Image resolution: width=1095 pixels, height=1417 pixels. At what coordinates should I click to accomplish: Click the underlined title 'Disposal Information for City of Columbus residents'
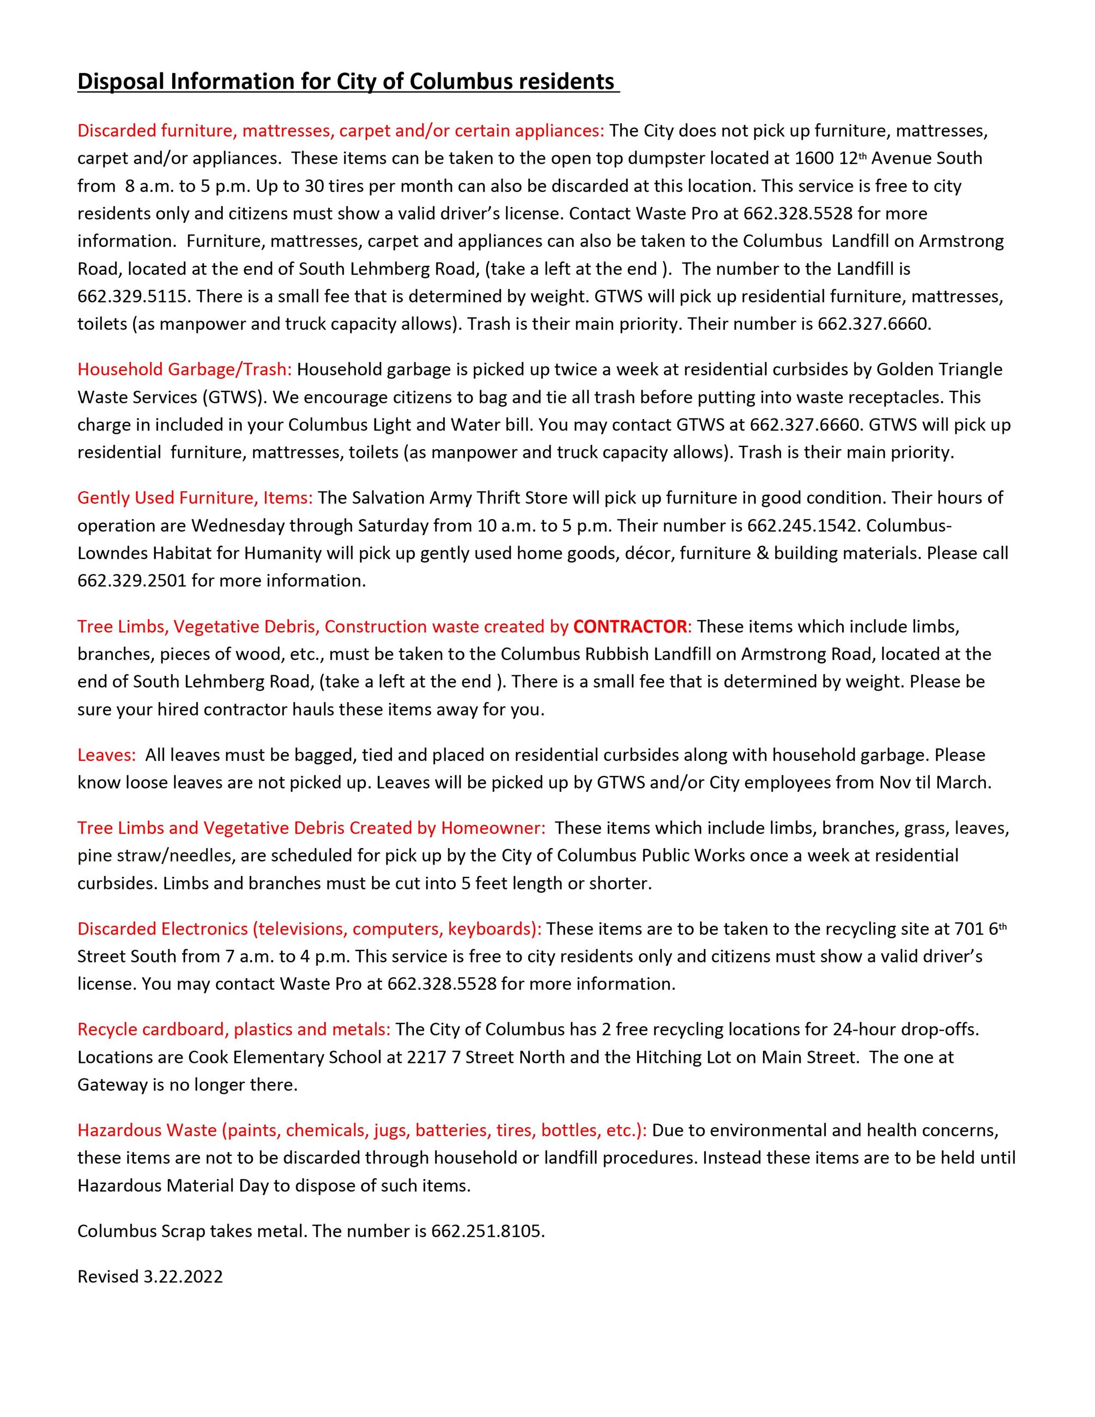click(x=348, y=82)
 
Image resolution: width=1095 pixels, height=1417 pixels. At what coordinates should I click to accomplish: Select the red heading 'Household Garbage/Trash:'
click(x=184, y=369)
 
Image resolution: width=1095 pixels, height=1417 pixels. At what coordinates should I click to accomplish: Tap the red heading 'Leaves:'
click(x=106, y=755)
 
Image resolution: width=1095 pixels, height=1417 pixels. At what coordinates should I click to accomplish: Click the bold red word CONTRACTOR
click(x=630, y=626)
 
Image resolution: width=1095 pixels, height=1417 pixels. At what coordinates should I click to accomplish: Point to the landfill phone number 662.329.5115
click(x=134, y=296)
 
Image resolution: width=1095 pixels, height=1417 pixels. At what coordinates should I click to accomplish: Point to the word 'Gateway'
click(x=112, y=1084)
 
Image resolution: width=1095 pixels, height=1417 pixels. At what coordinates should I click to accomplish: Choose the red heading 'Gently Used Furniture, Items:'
click(x=195, y=498)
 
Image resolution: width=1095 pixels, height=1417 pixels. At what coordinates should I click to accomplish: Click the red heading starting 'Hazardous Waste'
click(x=362, y=1130)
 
